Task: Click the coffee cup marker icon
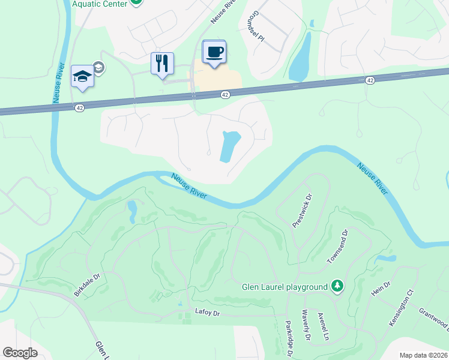(x=214, y=51)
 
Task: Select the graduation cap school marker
(x=82, y=76)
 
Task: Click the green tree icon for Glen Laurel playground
(x=337, y=286)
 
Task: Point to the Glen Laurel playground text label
(x=285, y=287)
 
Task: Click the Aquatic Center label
(x=100, y=4)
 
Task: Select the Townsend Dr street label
(x=337, y=245)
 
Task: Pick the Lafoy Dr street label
(x=208, y=313)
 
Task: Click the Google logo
(x=20, y=353)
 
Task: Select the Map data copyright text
(x=423, y=355)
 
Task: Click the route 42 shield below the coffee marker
(x=225, y=95)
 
